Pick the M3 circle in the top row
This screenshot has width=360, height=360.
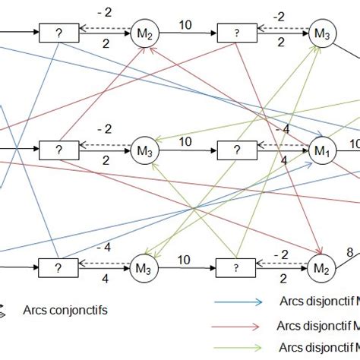[x=322, y=33]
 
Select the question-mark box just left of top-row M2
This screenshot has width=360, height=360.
[x=53, y=33]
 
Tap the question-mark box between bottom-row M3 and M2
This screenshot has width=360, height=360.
[x=231, y=267]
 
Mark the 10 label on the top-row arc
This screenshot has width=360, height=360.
[x=185, y=24]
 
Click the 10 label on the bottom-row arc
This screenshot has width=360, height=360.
[x=185, y=258]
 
